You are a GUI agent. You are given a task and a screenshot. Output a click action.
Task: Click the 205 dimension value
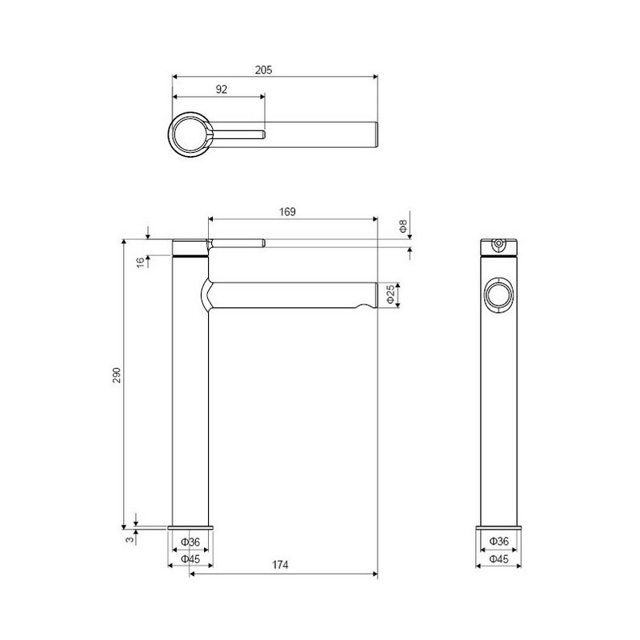point(264,70)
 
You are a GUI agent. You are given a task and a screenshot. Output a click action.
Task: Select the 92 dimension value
point(222,89)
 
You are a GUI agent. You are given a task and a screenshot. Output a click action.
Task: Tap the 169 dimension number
point(287,211)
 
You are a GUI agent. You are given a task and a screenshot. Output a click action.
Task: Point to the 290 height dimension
point(117,374)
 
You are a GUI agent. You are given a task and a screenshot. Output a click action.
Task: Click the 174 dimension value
point(280,565)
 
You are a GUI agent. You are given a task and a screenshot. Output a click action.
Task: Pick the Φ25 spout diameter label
point(390,294)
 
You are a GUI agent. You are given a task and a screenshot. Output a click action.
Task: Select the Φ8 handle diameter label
point(403,226)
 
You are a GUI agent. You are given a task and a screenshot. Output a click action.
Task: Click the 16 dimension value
point(141,262)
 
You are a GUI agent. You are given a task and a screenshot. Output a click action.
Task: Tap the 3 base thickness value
point(130,539)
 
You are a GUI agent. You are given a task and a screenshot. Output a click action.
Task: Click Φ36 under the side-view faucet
point(499,542)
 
